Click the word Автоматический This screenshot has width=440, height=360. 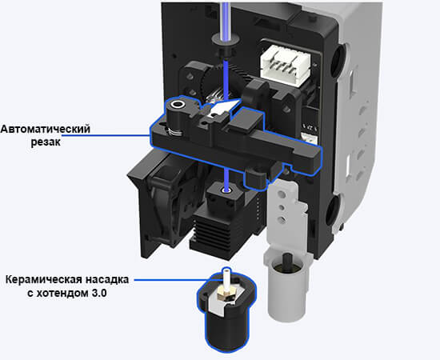click(x=46, y=130)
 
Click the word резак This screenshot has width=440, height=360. click(x=46, y=142)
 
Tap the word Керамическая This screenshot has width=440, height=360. click(x=43, y=280)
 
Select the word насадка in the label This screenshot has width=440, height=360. click(x=107, y=280)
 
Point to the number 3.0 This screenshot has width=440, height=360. click(x=99, y=294)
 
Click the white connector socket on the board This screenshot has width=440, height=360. click(x=286, y=66)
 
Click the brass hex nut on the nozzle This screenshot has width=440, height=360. click(x=226, y=294)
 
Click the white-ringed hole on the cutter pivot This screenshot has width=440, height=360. click(x=178, y=105)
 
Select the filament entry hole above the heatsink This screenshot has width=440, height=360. click(x=226, y=190)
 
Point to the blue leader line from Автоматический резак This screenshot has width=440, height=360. click(x=106, y=135)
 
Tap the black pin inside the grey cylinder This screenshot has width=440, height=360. click(x=287, y=259)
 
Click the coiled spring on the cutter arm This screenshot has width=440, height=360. click(x=173, y=131)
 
